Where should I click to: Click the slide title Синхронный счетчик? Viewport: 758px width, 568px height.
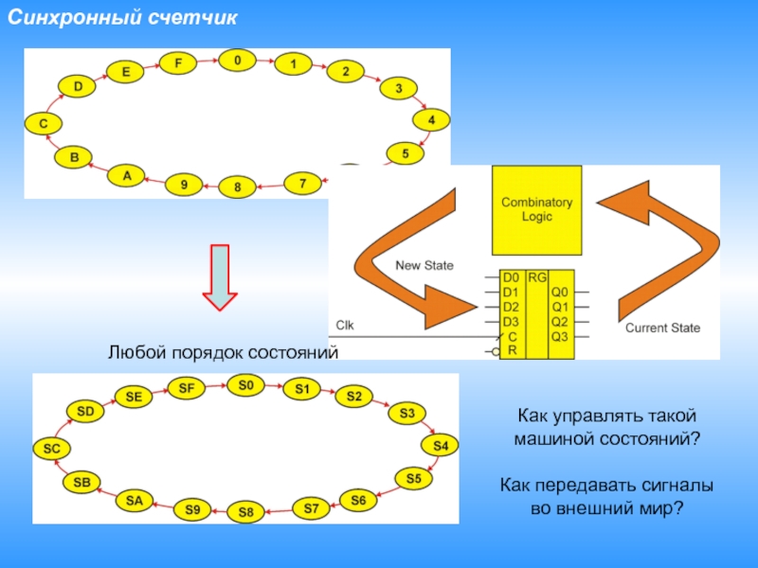click(x=124, y=18)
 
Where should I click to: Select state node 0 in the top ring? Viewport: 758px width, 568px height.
click(x=237, y=61)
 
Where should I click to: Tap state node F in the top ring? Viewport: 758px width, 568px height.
click(x=177, y=63)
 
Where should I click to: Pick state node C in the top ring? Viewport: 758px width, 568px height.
click(x=44, y=123)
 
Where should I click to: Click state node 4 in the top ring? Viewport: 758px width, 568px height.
click(x=431, y=121)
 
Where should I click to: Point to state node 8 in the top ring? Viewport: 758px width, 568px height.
click(x=238, y=187)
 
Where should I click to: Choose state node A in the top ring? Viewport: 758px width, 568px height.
click(x=126, y=176)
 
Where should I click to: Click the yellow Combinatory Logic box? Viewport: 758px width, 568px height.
click(x=536, y=209)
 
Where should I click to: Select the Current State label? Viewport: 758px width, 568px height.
click(x=662, y=328)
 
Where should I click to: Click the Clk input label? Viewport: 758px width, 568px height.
click(x=345, y=324)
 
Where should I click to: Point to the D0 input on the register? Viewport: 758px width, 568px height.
click(x=511, y=278)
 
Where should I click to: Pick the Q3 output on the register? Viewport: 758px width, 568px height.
click(x=560, y=336)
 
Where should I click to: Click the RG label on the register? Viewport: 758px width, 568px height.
click(x=537, y=277)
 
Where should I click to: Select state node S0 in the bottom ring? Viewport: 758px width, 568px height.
click(x=246, y=384)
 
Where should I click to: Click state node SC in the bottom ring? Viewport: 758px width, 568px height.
click(x=51, y=450)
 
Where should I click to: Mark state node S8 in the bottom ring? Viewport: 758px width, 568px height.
click(x=246, y=513)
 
